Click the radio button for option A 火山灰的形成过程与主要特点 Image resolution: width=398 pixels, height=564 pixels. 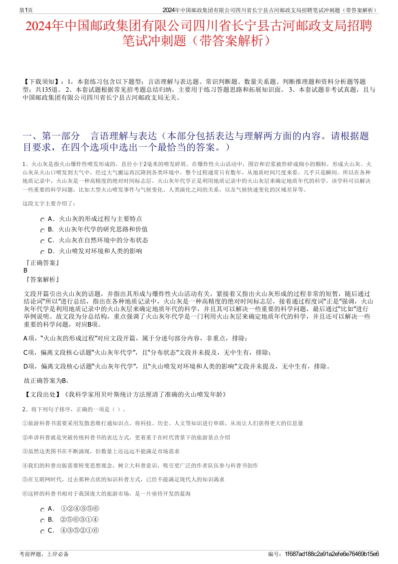pyautogui.click(x=42, y=220)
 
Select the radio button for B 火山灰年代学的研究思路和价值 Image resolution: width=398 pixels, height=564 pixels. pyautogui.click(x=42, y=230)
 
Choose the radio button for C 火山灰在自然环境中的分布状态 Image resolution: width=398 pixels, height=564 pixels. pyautogui.click(x=42, y=241)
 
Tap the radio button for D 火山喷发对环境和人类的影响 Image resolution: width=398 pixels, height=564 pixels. pyautogui.click(x=42, y=252)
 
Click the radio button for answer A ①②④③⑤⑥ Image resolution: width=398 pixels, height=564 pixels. pyautogui.click(x=42, y=510)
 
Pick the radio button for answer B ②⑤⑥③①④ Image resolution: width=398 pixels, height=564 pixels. pyautogui.click(x=42, y=520)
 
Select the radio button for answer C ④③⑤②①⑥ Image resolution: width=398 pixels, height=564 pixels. pyautogui.click(x=42, y=531)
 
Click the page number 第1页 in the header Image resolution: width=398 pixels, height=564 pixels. pyautogui.click(x=26, y=10)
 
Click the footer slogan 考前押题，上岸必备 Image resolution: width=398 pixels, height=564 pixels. pyautogui.click(x=44, y=554)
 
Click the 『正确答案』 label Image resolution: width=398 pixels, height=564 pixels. pyautogui.click(x=42, y=263)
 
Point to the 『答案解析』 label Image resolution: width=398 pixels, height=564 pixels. pyautogui.click(x=42, y=279)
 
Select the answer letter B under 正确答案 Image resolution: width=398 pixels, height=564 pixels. pyautogui.click(x=26, y=270)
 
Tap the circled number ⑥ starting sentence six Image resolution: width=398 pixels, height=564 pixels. pyautogui.click(x=25, y=494)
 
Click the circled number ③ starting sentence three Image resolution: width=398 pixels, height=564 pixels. pyautogui.click(x=25, y=451)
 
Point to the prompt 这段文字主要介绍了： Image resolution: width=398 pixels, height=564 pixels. pyautogui.click(x=49, y=204)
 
